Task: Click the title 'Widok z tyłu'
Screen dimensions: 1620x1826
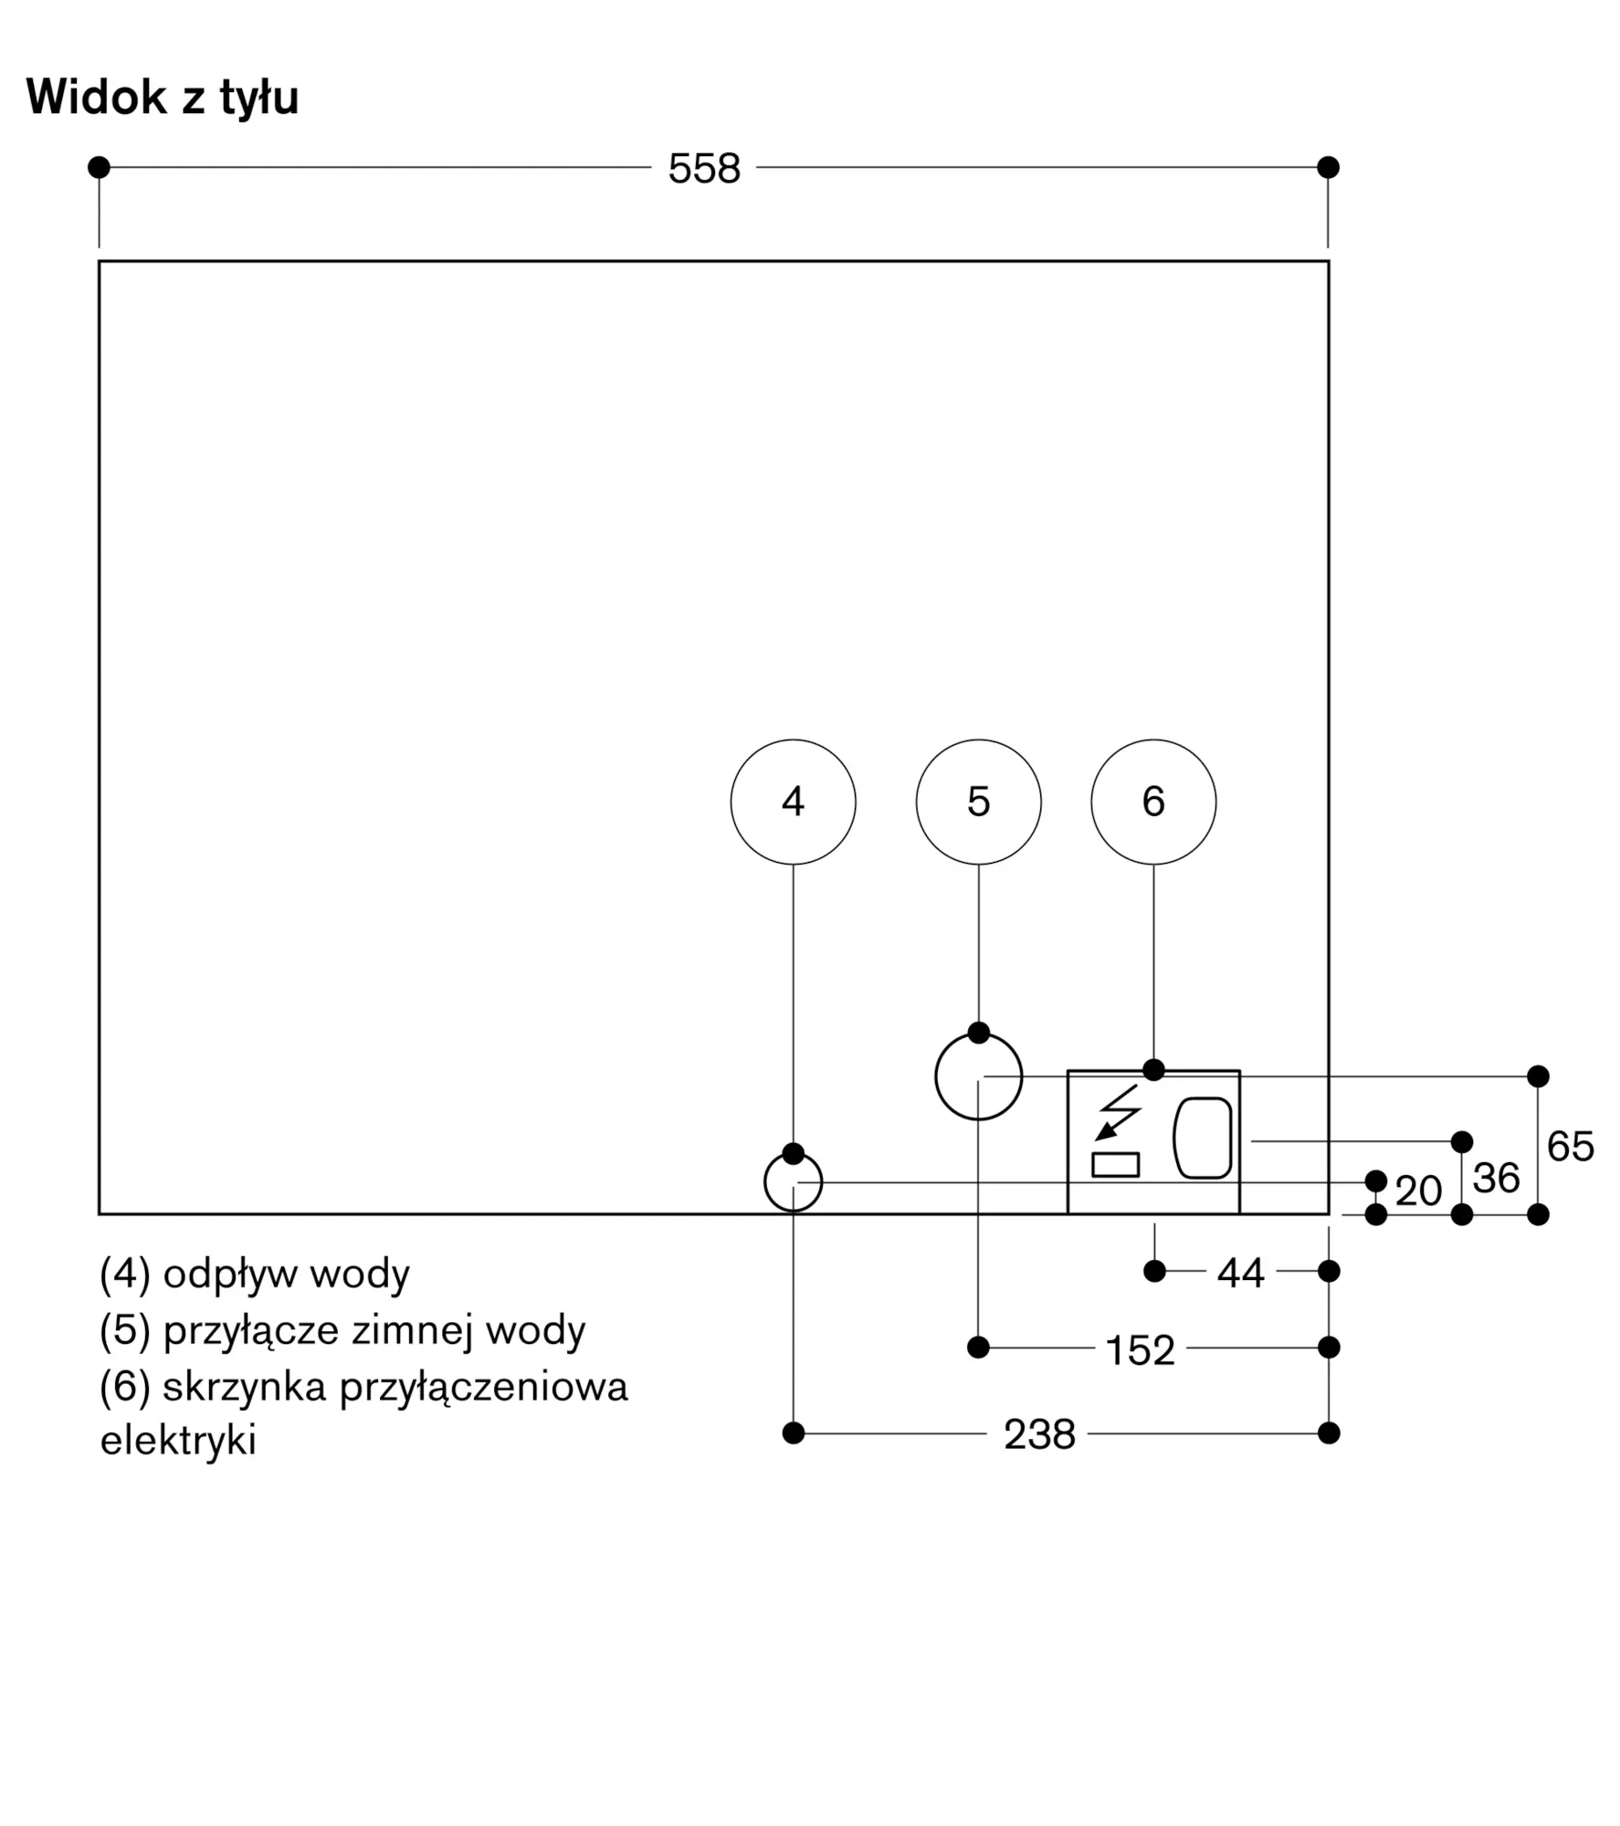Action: pyautogui.click(x=163, y=98)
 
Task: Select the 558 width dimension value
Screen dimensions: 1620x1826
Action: pyautogui.click(x=704, y=169)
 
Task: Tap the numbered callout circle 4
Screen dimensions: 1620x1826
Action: pyautogui.click(x=793, y=802)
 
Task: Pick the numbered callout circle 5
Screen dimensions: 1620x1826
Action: pyautogui.click(x=978, y=802)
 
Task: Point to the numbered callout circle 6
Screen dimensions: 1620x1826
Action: pyautogui.click(x=1153, y=802)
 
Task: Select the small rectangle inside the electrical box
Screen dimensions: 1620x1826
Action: pyautogui.click(x=1116, y=1164)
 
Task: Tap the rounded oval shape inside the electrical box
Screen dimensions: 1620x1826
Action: pyautogui.click(x=1203, y=1138)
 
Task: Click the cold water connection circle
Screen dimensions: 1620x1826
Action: pyautogui.click(x=978, y=1076)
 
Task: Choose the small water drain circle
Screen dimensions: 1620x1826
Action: pyautogui.click(x=793, y=1182)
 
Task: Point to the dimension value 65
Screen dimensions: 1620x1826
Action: pyautogui.click(x=1571, y=1147)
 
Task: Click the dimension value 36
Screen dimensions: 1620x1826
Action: pyautogui.click(x=1496, y=1179)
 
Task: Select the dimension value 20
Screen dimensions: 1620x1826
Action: pyautogui.click(x=1418, y=1191)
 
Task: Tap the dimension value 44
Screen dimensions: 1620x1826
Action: pyautogui.click(x=1240, y=1273)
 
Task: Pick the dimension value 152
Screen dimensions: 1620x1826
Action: pyautogui.click(x=1140, y=1350)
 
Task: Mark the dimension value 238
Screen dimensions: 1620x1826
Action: pyautogui.click(x=1039, y=1434)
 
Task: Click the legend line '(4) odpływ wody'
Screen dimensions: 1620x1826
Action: pyautogui.click(x=255, y=1275)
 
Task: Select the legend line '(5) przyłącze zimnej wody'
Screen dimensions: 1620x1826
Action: pyautogui.click(x=342, y=1332)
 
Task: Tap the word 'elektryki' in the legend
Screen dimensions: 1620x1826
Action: pyautogui.click(x=178, y=1441)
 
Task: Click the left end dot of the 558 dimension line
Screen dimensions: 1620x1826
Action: pyautogui.click(x=99, y=167)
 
